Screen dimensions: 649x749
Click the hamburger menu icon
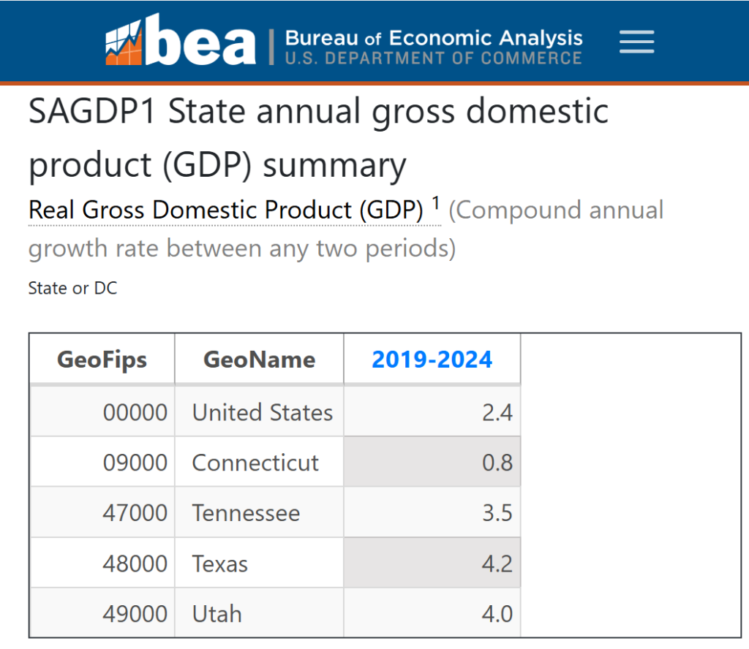[x=636, y=42]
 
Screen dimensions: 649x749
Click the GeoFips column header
[x=102, y=359]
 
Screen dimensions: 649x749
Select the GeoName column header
[x=259, y=359]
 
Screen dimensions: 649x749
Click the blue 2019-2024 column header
[x=432, y=359]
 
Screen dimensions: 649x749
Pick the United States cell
[x=262, y=412]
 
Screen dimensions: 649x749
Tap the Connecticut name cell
[x=255, y=463]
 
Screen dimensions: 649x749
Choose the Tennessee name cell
[x=246, y=513]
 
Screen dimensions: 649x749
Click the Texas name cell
[x=220, y=563]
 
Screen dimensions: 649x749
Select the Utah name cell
[x=217, y=614]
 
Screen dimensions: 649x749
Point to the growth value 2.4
[x=497, y=412]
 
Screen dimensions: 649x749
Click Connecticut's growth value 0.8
[x=497, y=463]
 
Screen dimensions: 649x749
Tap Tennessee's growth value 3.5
[x=497, y=513]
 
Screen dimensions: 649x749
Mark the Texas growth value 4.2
[x=497, y=563]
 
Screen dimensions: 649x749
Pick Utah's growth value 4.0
[x=497, y=614]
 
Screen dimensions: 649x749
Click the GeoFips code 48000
[x=135, y=563]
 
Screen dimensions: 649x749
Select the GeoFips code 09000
[x=135, y=463]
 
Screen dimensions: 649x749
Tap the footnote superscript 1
[x=436, y=202]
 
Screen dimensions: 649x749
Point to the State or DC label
[x=72, y=288]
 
